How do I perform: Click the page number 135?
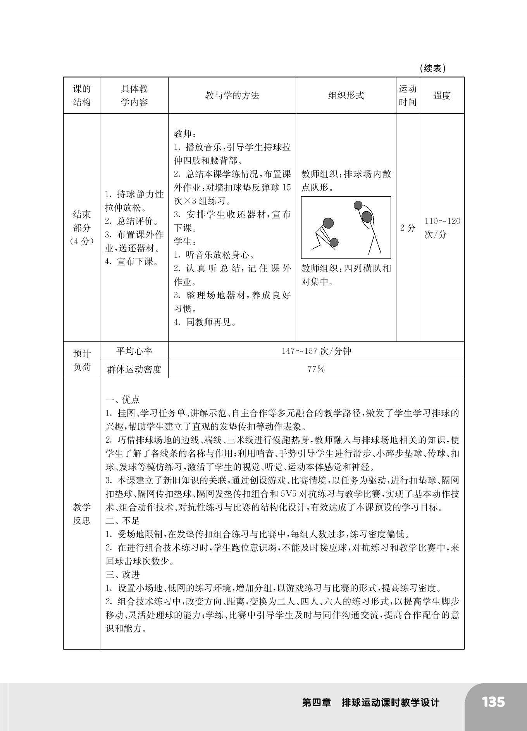(493, 702)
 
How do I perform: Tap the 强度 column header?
(442, 95)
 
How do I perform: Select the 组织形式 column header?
(346, 95)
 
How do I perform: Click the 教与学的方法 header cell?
(232, 95)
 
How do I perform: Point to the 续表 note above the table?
(432, 69)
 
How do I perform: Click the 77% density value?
(316, 369)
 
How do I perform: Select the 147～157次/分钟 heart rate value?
(316, 351)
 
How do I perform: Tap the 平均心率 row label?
(134, 351)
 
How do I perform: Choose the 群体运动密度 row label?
(134, 369)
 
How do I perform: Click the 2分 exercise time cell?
(407, 228)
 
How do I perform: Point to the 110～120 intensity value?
(442, 221)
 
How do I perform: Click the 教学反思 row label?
(82, 514)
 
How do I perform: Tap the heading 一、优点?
(123, 400)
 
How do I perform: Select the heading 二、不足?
(123, 521)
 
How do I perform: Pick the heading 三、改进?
(123, 575)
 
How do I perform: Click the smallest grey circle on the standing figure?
(358, 205)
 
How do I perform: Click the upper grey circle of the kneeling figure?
(328, 223)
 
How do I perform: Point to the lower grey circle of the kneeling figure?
(334, 243)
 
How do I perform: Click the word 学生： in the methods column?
(183, 241)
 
